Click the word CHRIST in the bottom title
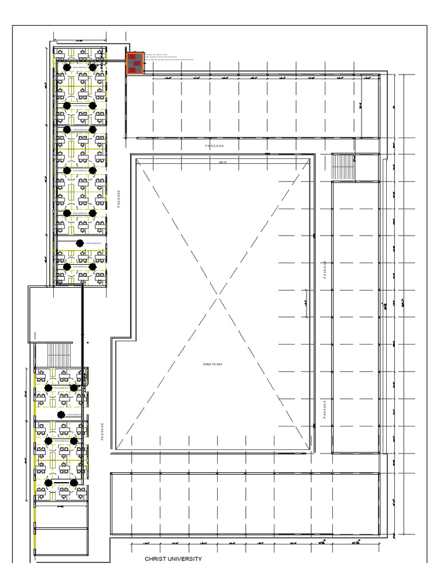155,559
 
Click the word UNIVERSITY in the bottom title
184,559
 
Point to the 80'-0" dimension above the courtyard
223,162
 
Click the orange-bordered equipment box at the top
135,63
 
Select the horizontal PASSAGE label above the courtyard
215,146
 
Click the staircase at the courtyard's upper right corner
344,167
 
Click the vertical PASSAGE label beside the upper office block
119,199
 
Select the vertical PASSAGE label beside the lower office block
103,432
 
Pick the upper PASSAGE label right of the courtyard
325,269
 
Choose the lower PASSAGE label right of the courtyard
325,409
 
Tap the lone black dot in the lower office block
61,414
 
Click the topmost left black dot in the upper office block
67,67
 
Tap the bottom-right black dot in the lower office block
74,483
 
